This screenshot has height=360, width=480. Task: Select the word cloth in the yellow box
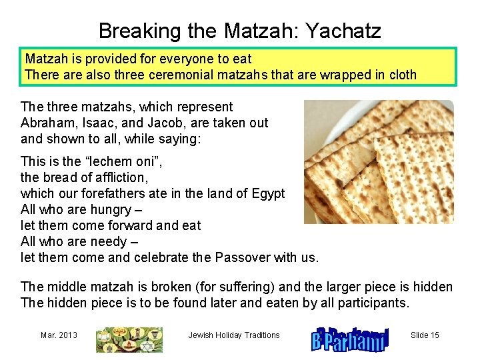399,75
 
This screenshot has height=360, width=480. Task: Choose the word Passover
241,257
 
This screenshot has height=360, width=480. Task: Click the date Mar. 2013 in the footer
59,335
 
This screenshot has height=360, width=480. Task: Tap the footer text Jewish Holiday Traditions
234,335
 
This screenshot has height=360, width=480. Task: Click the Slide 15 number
425,335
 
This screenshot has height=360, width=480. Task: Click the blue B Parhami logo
349,338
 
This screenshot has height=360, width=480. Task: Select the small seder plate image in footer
129,339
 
